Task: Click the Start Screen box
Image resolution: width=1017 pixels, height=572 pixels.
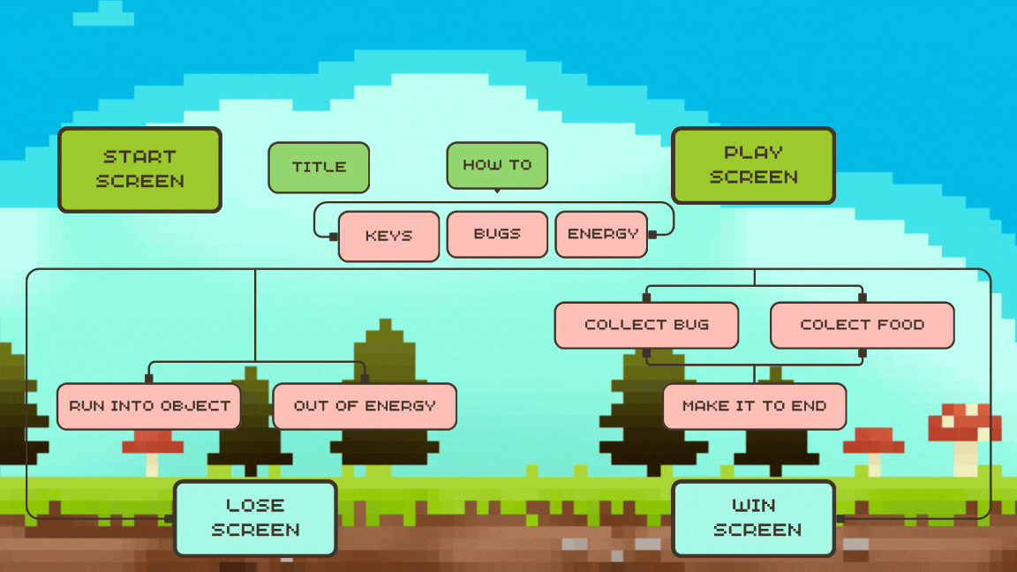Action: pos(139,169)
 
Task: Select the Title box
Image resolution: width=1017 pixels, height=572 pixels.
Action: pos(319,168)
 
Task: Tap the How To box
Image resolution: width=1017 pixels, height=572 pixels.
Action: pos(497,165)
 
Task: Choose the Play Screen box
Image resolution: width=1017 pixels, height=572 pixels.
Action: pos(753,165)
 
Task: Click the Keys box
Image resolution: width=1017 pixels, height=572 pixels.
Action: pos(388,237)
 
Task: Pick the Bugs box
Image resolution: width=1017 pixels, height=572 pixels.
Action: pos(497,234)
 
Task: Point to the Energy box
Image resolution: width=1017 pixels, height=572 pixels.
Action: pos(602,234)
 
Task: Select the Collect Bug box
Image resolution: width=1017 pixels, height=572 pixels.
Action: pos(646,325)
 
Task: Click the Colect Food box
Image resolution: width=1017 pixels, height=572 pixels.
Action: pos(862,325)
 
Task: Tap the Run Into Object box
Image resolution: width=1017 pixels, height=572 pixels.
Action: pos(149,406)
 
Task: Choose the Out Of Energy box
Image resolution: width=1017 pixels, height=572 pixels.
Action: pos(365,406)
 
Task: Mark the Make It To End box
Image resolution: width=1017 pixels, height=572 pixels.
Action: pos(754,406)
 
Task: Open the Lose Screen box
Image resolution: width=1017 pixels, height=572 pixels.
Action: pos(255,518)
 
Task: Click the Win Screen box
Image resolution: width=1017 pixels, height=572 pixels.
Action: pos(753,518)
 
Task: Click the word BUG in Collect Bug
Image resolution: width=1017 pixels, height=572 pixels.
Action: pos(691,325)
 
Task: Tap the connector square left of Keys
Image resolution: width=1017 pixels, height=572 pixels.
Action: pos(334,237)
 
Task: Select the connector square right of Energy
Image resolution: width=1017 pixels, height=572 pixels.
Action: pos(652,235)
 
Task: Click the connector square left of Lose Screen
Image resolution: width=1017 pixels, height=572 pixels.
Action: pos(169,518)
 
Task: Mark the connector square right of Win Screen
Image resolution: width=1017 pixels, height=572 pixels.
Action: pos(840,518)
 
